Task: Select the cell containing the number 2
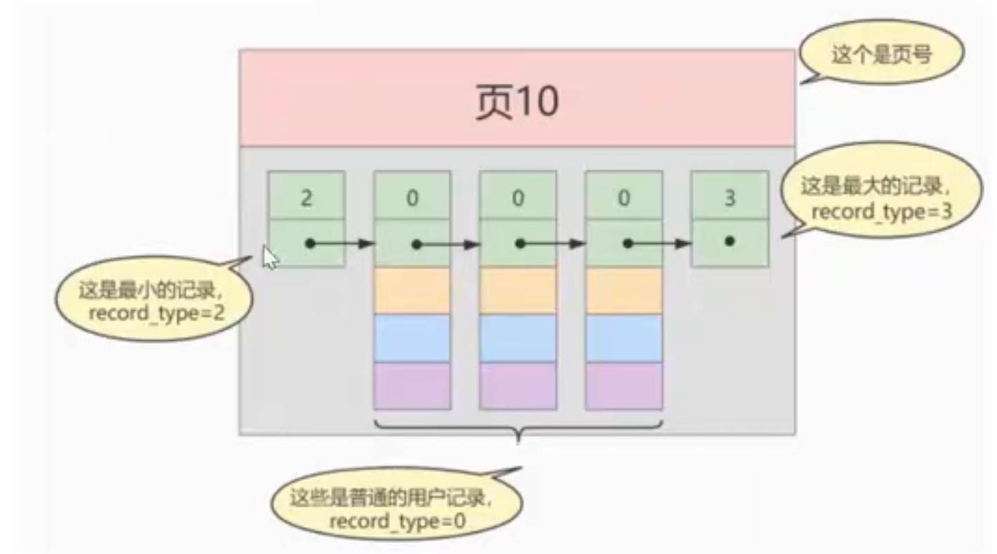[x=307, y=197]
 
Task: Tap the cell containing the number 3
[x=729, y=197]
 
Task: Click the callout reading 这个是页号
[x=881, y=55]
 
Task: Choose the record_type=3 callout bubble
[x=881, y=198]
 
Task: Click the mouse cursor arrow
[x=271, y=258]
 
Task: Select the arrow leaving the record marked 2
[x=342, y=244]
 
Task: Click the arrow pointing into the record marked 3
[x=661, y=244]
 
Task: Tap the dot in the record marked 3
[x=729, y=242]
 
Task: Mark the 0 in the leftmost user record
[x=412, y=198]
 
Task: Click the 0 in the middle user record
[x=518, y=198]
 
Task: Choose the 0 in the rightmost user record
[x=623, y=198]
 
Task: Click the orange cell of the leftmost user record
[x=412, y=291]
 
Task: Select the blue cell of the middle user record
[x=518, y=338]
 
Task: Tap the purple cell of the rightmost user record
[x=623, y=385]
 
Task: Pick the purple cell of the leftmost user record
[x=412, y=385]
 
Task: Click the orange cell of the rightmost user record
[x=623, y=291]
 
